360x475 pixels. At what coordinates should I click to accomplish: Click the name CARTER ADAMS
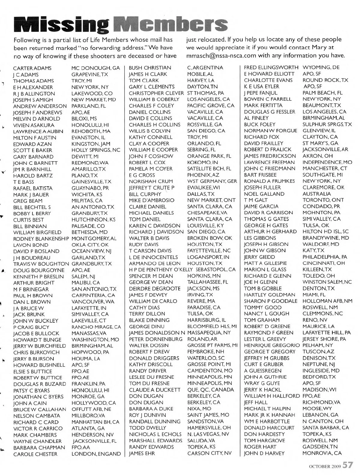click(x=32, y=68)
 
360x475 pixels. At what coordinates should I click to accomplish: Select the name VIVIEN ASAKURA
click(x=34, y=125)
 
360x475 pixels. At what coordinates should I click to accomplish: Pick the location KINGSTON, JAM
click(x=91, y=144)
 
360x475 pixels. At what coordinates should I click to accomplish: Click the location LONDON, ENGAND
click(x=96, y=454)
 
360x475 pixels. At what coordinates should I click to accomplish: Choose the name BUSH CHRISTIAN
click(x=150, y=68)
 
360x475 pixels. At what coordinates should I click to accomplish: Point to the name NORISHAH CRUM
click(x=151, y=181)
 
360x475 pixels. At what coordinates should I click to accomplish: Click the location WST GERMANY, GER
click(x=212, y=181)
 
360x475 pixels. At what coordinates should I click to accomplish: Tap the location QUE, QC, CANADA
click(x=211, y=390)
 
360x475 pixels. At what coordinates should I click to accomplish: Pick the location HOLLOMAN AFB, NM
click(x=327, y=301)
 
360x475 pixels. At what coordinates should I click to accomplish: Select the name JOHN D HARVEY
click(x=264, y=453)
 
